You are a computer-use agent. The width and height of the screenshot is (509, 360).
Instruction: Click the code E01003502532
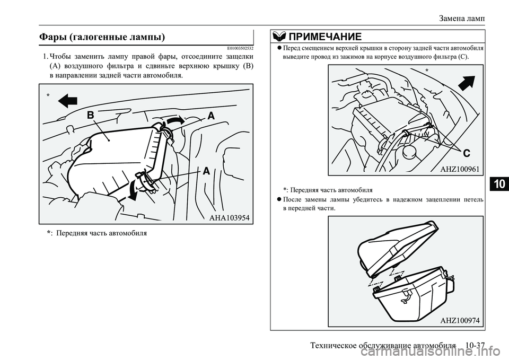pos(234,49)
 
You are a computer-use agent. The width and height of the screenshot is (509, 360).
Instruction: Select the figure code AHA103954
pos(225,217)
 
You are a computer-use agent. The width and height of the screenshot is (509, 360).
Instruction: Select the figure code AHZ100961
pos(460,169)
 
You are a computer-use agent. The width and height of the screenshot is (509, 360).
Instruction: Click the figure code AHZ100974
pos(460,320)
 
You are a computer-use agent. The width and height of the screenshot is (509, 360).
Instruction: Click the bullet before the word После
pos(279,200)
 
